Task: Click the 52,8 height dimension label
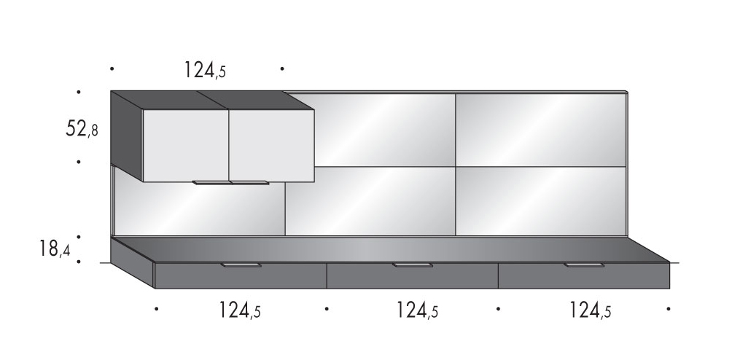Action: tap(82, 128)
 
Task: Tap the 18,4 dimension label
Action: tap(55, 249)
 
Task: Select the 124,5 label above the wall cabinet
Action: tap(204, 70)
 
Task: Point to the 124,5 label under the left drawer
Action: tap(239, 310)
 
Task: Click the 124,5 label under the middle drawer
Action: tap(417, 310)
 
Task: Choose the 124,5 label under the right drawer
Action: tap(590, 310)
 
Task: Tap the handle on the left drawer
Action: tap(241, 265)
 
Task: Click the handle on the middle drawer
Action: tap(413, 265)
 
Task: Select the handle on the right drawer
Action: tap(584, 265)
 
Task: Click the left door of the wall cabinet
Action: tap(185, 146)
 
